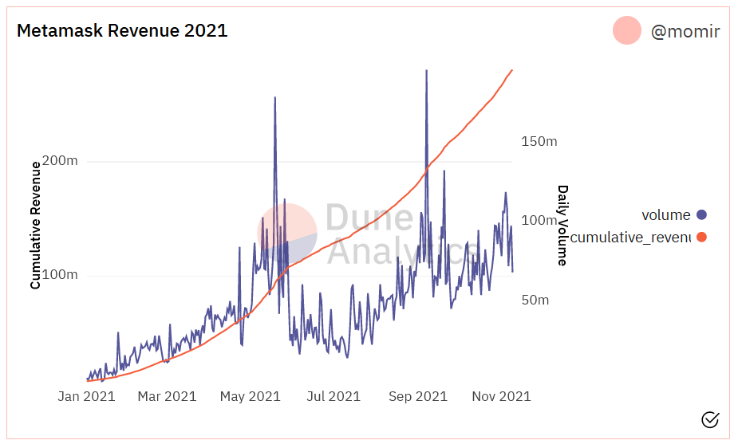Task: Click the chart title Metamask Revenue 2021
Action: point(122,31)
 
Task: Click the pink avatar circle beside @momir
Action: point(627,30)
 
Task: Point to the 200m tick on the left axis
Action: point(60,161)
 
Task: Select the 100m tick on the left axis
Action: point(60,276)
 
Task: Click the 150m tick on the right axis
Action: point(539,141)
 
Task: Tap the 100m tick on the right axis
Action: point(539,221)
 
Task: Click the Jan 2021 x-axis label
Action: point(87,396)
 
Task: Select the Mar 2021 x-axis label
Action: point(167,396)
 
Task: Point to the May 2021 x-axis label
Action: point(250,396)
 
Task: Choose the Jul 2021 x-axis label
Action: point(333,396)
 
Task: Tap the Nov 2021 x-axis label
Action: point(501,396)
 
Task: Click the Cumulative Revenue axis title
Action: point(35,225)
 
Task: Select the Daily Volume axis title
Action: point(562,226)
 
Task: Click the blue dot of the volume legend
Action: point(701,214)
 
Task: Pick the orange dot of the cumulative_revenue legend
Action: point(701,237)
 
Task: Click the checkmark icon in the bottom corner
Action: point(709,419)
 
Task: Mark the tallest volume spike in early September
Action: point(426,71)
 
